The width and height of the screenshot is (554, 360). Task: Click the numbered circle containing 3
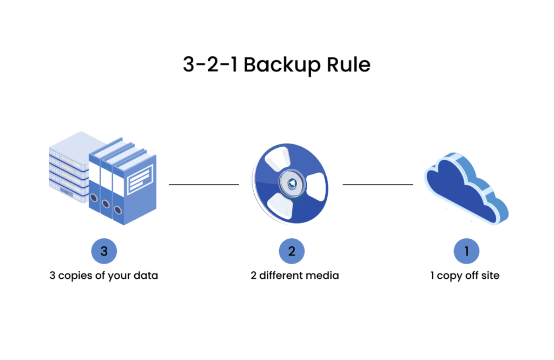pyautogui.click(x=104, y=251)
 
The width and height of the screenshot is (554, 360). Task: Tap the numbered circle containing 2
pyautogui.click(x=292, y=251)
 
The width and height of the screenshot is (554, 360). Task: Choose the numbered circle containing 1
pyautogui.click(x=466, y=251)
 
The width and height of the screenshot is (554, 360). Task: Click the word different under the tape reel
pyautogui.click(x=282, y=276)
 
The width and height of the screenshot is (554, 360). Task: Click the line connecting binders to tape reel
pyautogui.click(x=203, y=185)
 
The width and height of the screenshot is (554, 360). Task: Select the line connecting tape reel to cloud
pyautogui.click(x=378, y=185)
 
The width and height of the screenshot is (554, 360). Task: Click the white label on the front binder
pyautogui.click(x=140, y=180)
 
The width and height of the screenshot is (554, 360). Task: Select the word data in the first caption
pyautogui.click(x=147, y=276)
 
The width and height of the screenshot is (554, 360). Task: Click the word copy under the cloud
pyautogui.click(x=450, y=276)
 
